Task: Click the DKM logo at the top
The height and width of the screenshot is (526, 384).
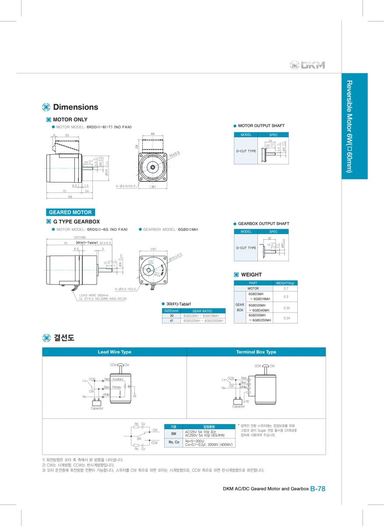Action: point(308,65)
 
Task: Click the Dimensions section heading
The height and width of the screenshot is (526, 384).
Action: point(75,107)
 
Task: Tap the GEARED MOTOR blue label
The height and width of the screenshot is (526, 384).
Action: point(70,212)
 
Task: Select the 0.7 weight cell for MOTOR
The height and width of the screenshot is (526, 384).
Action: point(285,288)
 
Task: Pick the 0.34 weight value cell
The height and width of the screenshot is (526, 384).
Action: point(285,318)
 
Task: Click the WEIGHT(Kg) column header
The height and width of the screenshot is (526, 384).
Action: point(285,283)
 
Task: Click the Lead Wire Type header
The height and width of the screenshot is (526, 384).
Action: point(114,352)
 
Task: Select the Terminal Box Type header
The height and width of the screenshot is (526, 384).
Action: point(256,352)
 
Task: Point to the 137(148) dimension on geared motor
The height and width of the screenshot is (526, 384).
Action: point(67,238)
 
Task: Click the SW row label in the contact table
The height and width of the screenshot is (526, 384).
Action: point(173,433)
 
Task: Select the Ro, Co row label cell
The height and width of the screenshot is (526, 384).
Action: point(173,442)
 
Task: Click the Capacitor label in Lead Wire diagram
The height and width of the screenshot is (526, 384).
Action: point(97,408)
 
